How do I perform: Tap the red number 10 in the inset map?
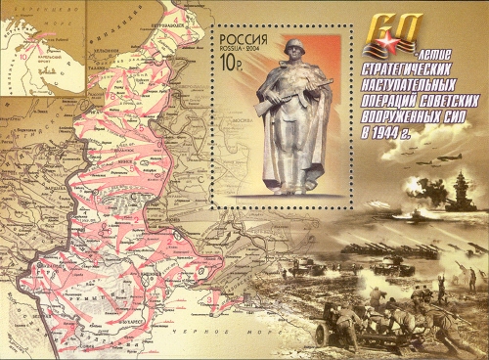coord(20,58)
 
